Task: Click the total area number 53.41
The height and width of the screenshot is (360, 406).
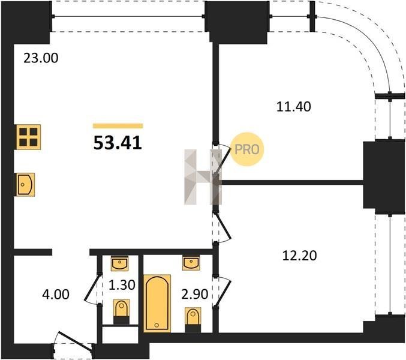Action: [118, 143]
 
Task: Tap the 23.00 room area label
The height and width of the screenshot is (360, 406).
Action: [41, 58]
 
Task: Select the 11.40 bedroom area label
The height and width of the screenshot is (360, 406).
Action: [294, 106]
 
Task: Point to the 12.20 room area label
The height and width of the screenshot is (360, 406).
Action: [299, 256]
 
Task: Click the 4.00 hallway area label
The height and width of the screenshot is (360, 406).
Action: [56, 295]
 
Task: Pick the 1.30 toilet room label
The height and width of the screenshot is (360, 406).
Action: [122, 285]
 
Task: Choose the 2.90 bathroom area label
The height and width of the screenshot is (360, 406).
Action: [195, 294]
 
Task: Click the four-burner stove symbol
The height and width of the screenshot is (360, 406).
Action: [28, 137]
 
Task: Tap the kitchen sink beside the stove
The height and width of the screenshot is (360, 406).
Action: [25, 185]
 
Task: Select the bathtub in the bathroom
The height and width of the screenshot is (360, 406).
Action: [157, 303]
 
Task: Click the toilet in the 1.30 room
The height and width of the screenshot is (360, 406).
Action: [121, 311]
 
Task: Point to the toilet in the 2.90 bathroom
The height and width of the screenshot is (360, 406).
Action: [193, 320]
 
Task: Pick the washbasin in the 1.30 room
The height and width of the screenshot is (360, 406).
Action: [119, 263]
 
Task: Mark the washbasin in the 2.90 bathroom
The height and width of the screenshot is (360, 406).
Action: [191, 263]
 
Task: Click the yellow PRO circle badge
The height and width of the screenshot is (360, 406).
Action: [247, 149]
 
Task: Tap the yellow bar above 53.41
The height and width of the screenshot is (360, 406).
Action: [118, 126]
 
